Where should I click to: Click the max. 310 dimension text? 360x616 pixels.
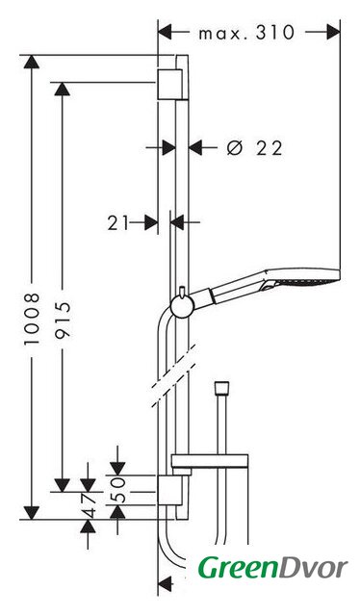[246, 32]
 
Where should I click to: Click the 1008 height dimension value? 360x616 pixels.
[32, 319]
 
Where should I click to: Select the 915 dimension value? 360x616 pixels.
[63, 320]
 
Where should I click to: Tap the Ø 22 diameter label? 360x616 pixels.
[255, 148]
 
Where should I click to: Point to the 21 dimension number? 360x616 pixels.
[117, 222]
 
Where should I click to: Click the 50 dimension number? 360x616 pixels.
[117, 490]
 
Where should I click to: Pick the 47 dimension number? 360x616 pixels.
[88, 505]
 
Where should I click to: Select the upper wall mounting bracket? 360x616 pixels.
[170, 85]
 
